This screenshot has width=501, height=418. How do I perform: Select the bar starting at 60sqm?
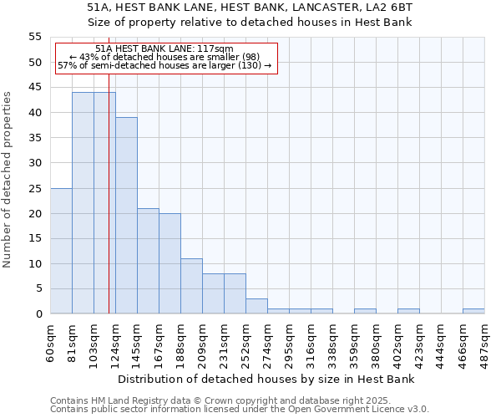pos(61,251)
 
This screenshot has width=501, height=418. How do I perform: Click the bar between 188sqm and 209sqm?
pos(191,286)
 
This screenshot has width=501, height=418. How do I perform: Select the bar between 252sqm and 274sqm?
pos(256,306)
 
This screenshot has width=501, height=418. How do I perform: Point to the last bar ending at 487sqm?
pos(473,311)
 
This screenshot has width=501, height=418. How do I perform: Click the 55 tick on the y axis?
pos(35,37)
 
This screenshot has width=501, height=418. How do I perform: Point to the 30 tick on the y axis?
pos(35,163)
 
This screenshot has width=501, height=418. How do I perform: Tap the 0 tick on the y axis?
pos(38,314)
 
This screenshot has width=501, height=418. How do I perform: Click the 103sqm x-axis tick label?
pos(94,342)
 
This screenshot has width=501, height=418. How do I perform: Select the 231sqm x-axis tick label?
pos(225,342)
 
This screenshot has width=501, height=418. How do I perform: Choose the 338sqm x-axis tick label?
pos(333,342)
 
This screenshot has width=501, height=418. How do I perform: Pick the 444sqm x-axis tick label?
pos(442,342)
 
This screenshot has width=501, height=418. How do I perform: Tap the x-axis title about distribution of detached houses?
pos(266,379)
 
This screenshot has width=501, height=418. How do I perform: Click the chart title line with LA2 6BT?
pos(250,7)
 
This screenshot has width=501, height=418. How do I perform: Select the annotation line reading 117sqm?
pos(164,49)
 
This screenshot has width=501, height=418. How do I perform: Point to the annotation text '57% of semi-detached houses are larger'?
pos(164,65)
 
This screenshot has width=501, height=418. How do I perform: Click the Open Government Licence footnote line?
pos(240,409)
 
